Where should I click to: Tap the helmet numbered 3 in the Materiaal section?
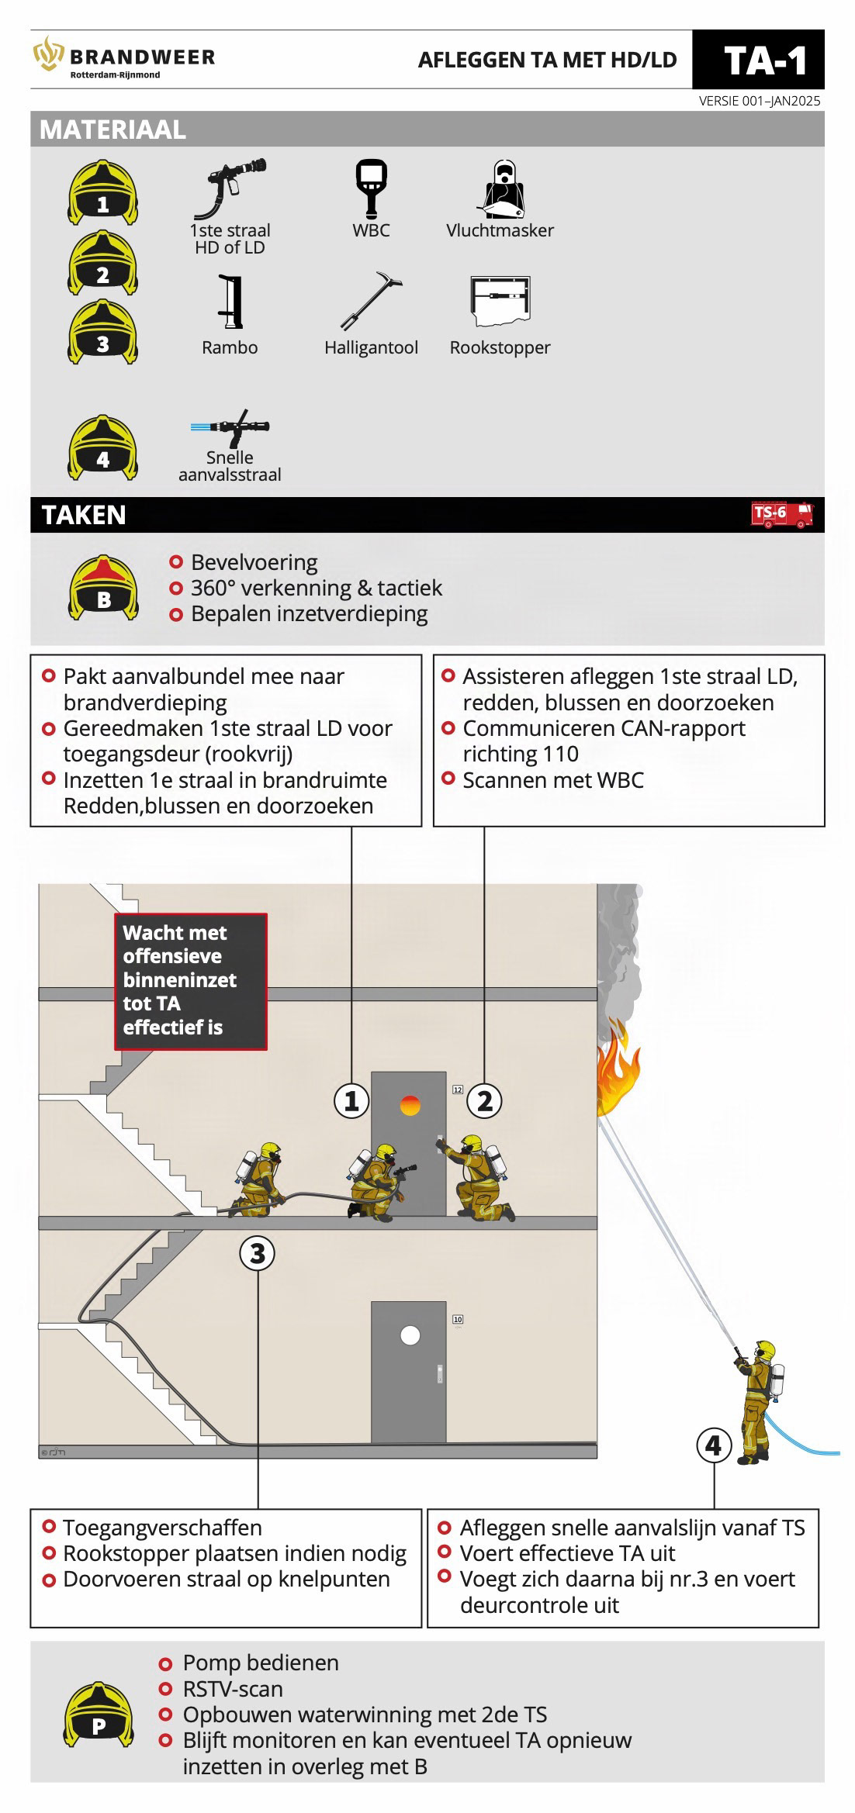103,332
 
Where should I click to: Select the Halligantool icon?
372,302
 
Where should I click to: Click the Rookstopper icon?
500,302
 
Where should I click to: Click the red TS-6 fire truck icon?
782,514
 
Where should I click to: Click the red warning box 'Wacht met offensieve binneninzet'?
191,981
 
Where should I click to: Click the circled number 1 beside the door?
351,1100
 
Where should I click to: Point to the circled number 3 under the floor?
258,1253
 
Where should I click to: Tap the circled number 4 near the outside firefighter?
714,1445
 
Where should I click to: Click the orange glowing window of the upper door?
410,1105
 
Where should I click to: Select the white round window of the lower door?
410,1335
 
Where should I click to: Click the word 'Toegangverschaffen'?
162,1528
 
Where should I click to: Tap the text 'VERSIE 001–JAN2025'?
759,101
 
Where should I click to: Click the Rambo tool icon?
230,302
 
